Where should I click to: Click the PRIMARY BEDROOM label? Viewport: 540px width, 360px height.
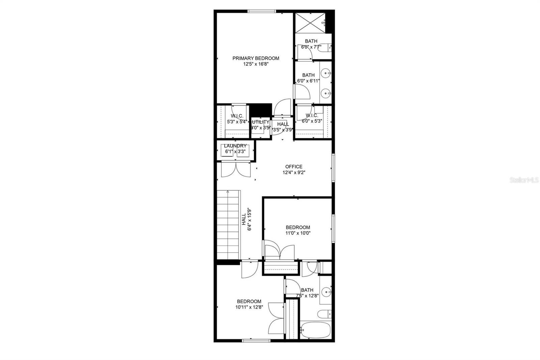(255, 58)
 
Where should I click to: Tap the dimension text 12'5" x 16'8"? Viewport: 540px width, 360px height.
(255, 64)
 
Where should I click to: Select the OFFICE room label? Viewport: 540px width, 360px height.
(294, 166)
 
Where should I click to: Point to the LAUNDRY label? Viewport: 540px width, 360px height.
(235, 146)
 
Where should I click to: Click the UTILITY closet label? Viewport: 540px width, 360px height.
(261, 122)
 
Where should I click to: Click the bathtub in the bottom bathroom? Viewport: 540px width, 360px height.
(316, 330)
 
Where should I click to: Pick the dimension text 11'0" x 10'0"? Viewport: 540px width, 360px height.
(298, 233)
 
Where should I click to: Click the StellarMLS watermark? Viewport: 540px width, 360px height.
(524, 180)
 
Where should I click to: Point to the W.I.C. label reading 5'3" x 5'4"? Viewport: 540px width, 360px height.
(237, 119)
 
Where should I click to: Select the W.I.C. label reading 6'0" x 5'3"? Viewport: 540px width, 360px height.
(312, 118)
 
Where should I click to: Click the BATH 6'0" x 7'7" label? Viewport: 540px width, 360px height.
(311, 44)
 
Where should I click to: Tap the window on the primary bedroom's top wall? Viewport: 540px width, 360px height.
(262, 11)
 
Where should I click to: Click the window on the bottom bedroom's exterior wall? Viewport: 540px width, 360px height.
(256, 340)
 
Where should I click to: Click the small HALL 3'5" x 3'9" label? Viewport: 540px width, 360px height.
(283, 127)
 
